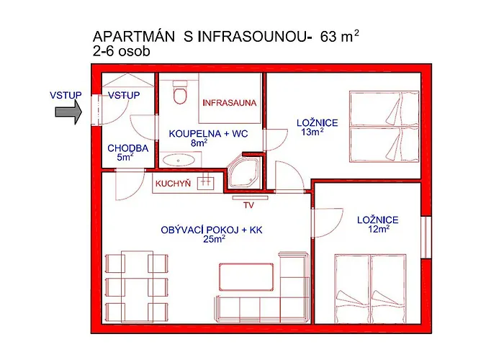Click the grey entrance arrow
[68, 112]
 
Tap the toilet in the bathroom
[180, 92]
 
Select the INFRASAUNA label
[230, 103]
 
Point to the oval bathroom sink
[178, 160]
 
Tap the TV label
[249, 205]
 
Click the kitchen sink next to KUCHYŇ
[206, 182]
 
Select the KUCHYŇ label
[173, 184]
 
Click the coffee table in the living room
[246, 276]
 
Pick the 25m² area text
[214, 239]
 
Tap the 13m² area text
[312, 132]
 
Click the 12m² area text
[379, 229]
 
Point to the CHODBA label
[128, 148]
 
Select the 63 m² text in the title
[339, 36]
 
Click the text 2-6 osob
[122, 51]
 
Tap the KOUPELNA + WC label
[209, 133]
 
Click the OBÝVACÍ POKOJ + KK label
[212, 230]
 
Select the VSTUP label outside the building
[66, 95]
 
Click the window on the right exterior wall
[426, 237]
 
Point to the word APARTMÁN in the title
[134, 36]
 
